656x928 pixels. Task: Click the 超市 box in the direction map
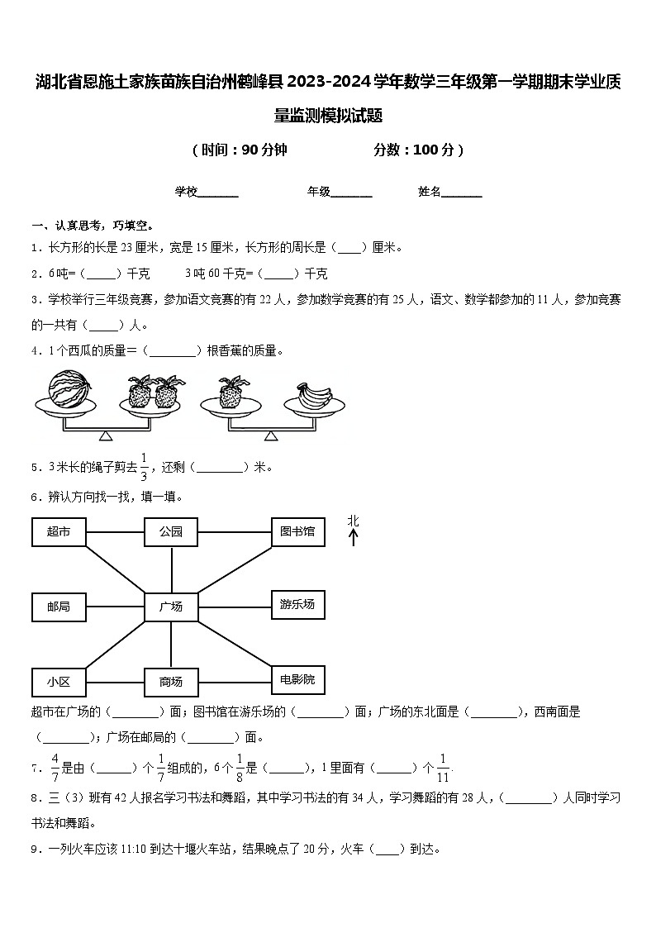coord(58,532)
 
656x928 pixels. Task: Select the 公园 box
coord(171,532)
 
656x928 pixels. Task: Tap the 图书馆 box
coord(297,531)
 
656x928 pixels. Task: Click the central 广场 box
coord(171,607)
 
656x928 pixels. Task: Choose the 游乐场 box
coord(297,605)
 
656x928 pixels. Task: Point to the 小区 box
coord(58,682)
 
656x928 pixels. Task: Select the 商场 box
coord(171,682)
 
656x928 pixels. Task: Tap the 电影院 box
coord(297,679)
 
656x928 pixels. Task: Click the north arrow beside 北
coord(354,538)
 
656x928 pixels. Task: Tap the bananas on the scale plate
coord(313,396)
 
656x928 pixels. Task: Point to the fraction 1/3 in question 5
coord(143,467)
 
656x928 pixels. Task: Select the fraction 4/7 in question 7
coord(55,768)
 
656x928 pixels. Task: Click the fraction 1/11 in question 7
coord(443,768)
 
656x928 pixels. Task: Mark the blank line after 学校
coord(218,193)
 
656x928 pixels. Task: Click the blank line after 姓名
coord(462,193)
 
